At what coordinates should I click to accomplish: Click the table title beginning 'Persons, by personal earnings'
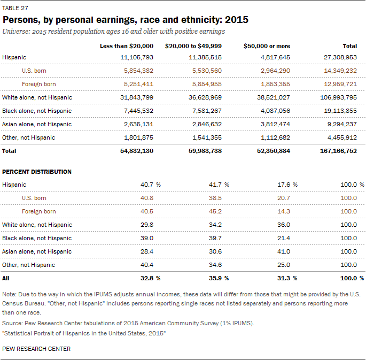click(x=126, y=20)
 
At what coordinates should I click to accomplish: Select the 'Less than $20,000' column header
click(x=127, y=46)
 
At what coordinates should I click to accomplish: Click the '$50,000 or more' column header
click(x=267, y=46)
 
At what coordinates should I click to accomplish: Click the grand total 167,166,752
click(x=337, y=151)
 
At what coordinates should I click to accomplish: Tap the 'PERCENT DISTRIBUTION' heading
click(x=37, y=172)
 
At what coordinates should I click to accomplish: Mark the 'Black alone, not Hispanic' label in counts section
click(x=37, y=111)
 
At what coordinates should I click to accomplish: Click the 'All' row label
click(x=6, y=278)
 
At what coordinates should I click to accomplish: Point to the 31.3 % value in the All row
click(x=286, y=278)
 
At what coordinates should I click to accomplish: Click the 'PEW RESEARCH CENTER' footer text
click(x=36, y=349)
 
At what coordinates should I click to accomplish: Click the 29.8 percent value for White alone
click(x=147, y=225)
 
